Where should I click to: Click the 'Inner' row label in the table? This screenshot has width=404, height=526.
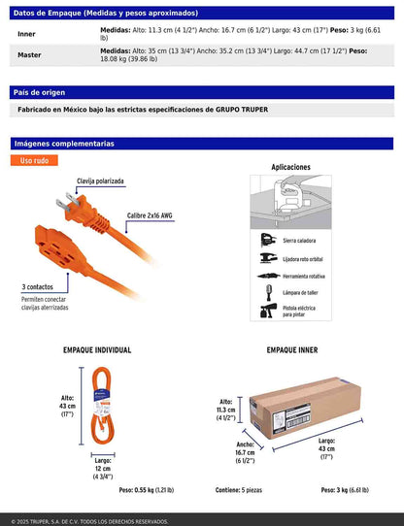click(26, 34)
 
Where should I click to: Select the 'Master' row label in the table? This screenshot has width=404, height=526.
click(30, 54)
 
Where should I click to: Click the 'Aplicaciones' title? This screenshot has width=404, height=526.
click(290, 167)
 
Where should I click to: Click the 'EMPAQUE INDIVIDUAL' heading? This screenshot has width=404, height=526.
click(97, 349)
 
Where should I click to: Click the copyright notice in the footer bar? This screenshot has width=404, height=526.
click(95, 520)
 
